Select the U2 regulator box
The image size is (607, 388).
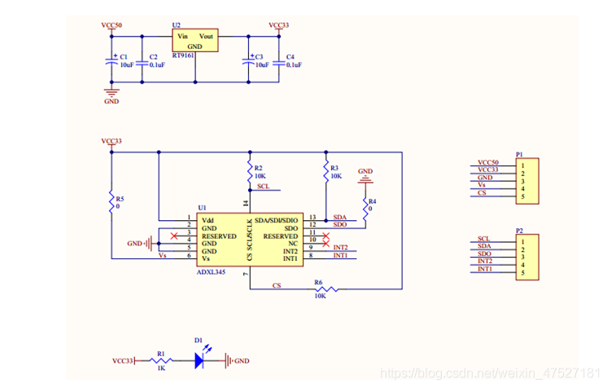195,42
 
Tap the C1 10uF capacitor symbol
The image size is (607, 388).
111,60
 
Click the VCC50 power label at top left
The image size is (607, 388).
111,26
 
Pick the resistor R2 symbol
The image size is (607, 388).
249,171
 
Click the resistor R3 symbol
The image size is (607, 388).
325,171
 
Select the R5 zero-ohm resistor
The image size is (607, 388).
111,202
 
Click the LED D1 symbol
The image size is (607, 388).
199,359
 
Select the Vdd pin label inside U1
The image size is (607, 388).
208,220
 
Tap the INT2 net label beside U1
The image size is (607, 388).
340,247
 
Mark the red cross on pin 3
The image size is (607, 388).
173,236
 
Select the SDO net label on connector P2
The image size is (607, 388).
485,254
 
